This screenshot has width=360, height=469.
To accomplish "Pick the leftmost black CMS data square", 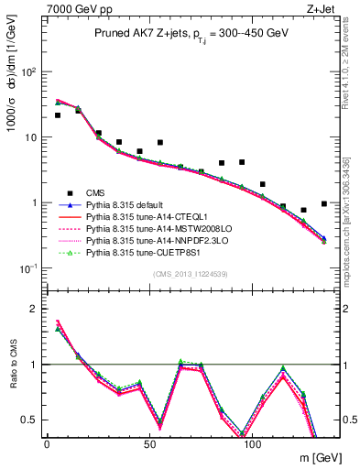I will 58,115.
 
